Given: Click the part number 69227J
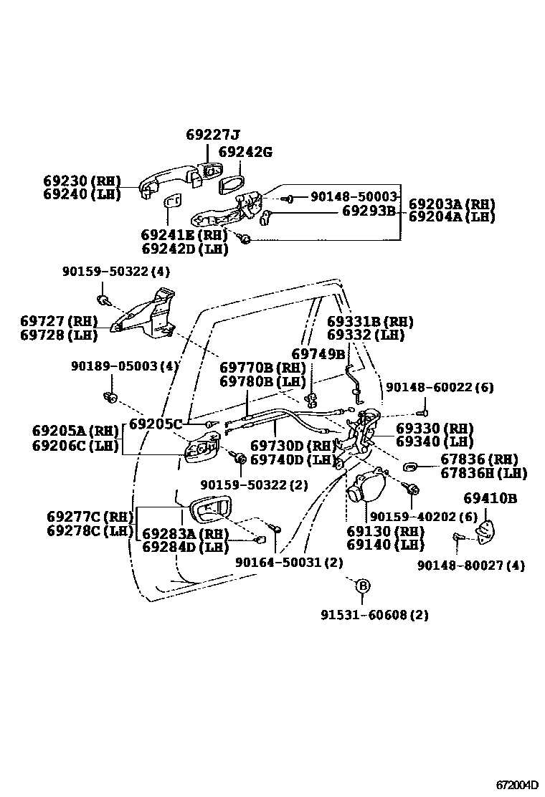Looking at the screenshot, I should coord(213,135).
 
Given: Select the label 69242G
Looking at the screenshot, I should coord(245,152).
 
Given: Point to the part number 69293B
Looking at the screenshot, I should coord(369,211).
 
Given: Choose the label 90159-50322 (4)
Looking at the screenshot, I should coord(116,272).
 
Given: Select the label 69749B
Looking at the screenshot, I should coord(319,353).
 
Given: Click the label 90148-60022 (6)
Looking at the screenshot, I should coord(440,387).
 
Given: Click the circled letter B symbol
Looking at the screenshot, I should coord(363,586).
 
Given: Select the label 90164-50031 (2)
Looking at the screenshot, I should coord(289,563).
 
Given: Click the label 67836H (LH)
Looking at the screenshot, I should coord(483,473).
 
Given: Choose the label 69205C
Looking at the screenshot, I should coord(156,423).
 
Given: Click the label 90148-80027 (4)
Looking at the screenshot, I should coord(471,565).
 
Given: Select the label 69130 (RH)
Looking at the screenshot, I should coord(385,531).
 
